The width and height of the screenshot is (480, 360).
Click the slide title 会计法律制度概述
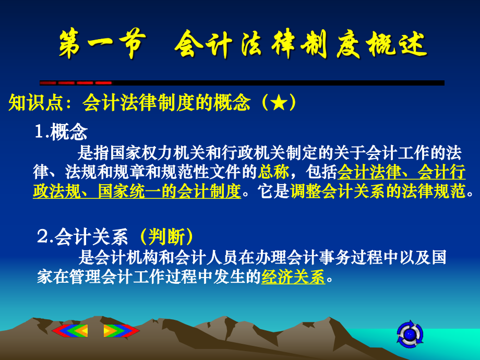[x=301, y=46]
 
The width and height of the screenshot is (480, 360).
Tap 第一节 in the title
[x=100, y=46]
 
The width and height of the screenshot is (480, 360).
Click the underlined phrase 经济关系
[x=293, y=277]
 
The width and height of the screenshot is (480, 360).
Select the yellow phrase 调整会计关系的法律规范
[x=377, y=191]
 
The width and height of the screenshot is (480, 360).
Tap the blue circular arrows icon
[x=410, y=333]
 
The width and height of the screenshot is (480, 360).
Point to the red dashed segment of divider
[x=76, y=82]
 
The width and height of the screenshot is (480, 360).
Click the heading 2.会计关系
[x=82, y=237]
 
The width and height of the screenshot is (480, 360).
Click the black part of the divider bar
[x=277, y=82]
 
